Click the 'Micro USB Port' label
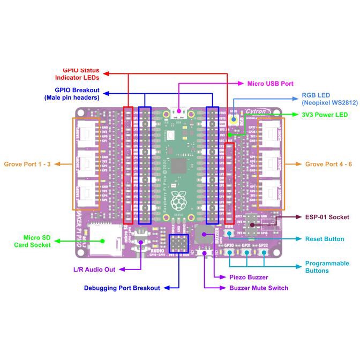270,84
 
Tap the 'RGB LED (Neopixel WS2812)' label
325,97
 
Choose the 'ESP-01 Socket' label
327,217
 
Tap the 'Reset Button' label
324,239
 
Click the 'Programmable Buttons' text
327,267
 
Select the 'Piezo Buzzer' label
249,277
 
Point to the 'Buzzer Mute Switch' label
259,288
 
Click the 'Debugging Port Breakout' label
122,288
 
